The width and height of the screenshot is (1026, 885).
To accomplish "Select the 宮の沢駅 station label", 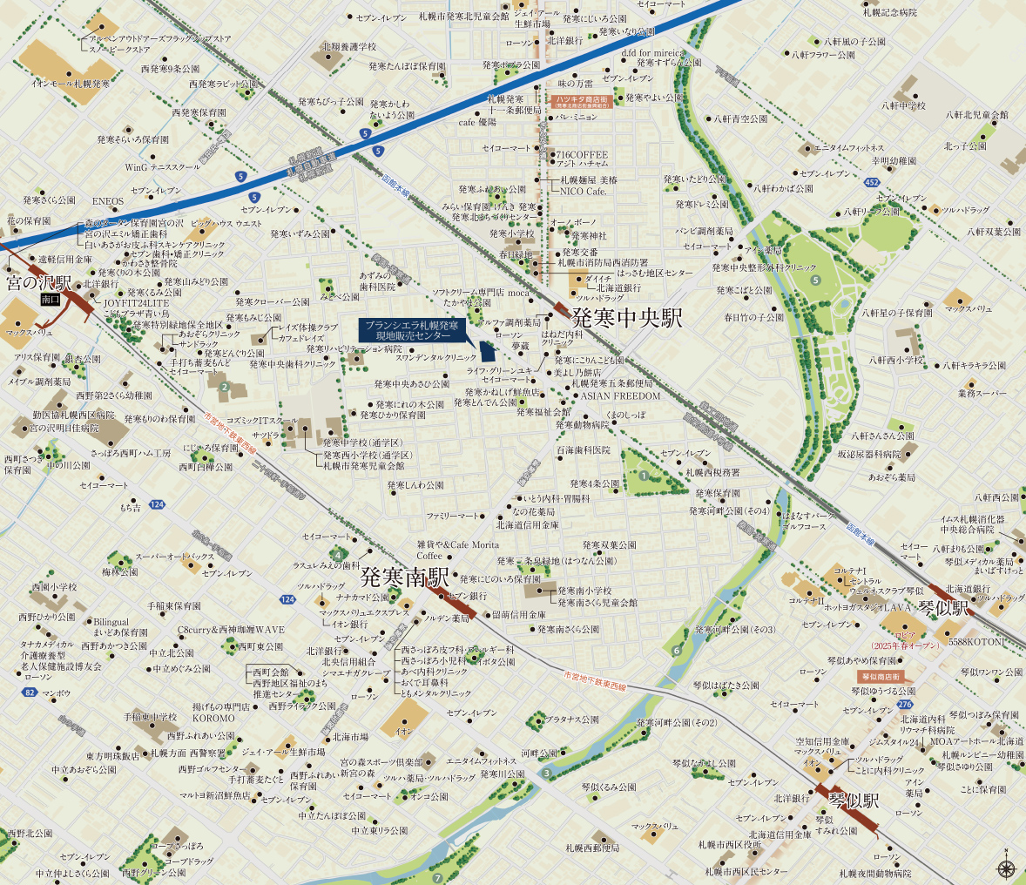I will pos(40,284).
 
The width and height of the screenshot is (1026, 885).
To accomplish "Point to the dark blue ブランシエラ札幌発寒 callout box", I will pos(413,329).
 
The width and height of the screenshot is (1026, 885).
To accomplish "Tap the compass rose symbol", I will pos(1005,867).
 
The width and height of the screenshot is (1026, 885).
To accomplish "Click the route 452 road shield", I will pos(872,182).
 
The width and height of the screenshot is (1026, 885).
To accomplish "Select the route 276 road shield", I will pos(906,704).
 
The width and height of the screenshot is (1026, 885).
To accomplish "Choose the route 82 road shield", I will pos(30,692).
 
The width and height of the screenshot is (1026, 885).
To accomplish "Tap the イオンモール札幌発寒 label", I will pos(71,84).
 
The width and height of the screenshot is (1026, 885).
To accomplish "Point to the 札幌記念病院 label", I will pos(889,12).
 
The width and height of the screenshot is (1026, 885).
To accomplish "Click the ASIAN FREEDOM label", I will pos(621,395).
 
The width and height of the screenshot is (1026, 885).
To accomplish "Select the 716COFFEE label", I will pos(583,154).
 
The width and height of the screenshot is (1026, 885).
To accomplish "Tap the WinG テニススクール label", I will pos(162,166).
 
